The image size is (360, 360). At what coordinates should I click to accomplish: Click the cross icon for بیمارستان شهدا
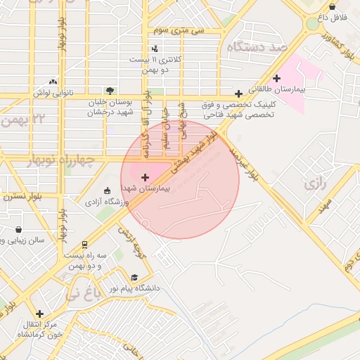(x=146, y=177)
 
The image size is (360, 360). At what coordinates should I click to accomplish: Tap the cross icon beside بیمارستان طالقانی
(x=276, y=78)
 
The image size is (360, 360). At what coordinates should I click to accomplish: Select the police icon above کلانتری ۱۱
(x=155, y=49)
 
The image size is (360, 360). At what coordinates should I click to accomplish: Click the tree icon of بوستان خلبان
(x=109, y=90)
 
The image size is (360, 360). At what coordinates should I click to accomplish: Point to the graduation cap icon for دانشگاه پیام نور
(x=134, y=278)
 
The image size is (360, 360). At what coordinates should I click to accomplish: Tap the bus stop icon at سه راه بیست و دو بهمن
(x=85, y=245)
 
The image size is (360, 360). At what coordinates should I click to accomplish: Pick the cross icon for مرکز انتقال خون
(x=39, y=314)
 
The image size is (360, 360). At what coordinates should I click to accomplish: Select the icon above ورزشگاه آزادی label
(x=107, y=191)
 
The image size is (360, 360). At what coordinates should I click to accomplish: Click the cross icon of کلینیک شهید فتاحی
(x=239, y=93)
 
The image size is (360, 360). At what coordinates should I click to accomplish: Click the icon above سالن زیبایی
(x=18, y=229)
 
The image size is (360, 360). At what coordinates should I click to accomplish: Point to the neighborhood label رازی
(x=311, y=185)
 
